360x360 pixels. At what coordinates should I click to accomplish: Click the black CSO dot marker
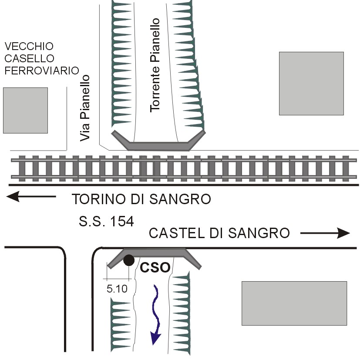point(129,260)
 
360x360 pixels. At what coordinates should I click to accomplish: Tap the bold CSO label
point(155,267)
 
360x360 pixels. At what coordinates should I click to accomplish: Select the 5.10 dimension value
point(117,288)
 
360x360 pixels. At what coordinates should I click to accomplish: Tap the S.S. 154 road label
point(106,221)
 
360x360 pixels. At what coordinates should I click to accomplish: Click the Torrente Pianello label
point(155,65)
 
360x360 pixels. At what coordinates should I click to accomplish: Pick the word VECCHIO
point(29,46)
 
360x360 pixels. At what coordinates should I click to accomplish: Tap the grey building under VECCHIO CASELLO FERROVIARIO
point(25,110)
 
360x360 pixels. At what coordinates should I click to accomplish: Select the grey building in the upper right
point(311,83)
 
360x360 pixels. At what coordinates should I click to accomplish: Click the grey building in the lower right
point(294,303)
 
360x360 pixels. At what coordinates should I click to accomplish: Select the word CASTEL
point(171,233)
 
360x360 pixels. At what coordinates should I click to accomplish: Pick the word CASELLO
point(29,58)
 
